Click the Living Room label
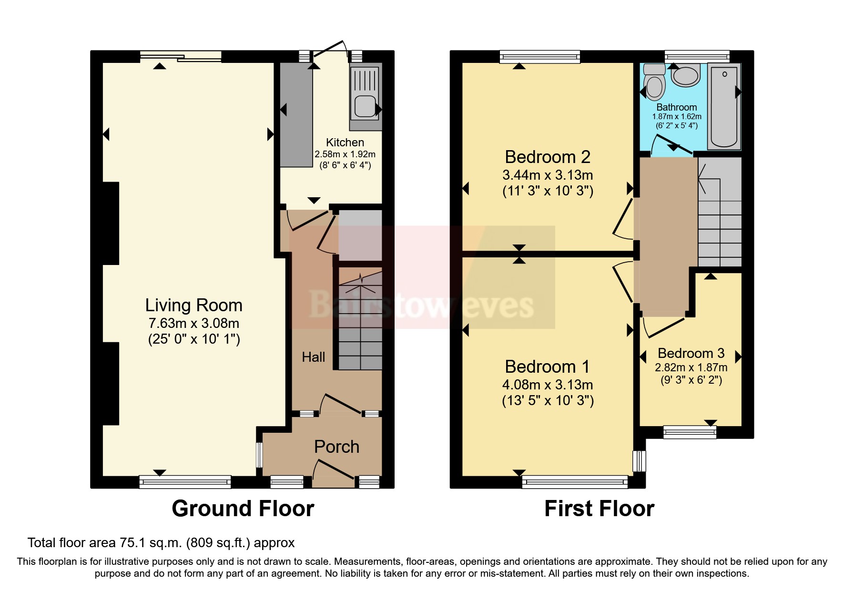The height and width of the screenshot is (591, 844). point(193,305)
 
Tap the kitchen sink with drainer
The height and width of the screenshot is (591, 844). point(365,93)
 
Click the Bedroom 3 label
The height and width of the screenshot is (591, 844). point(691,353)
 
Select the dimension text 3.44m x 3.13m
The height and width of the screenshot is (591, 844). point(548,175)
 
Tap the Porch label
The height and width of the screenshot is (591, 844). point(336,447)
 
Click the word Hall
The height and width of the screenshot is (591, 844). point(313,357)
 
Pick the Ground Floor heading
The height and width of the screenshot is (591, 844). point(243,509)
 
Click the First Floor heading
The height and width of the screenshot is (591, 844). point(599,509)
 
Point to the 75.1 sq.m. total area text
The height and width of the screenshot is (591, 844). point(161,542)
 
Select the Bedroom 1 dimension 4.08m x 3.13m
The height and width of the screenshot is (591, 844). point(548,385)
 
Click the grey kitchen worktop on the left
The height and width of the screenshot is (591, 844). point(295,114)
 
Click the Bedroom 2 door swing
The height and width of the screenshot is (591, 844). point(622,219)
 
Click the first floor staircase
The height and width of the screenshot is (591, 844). point(720,212)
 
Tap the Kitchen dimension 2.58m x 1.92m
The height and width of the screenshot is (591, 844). point(345,154)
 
